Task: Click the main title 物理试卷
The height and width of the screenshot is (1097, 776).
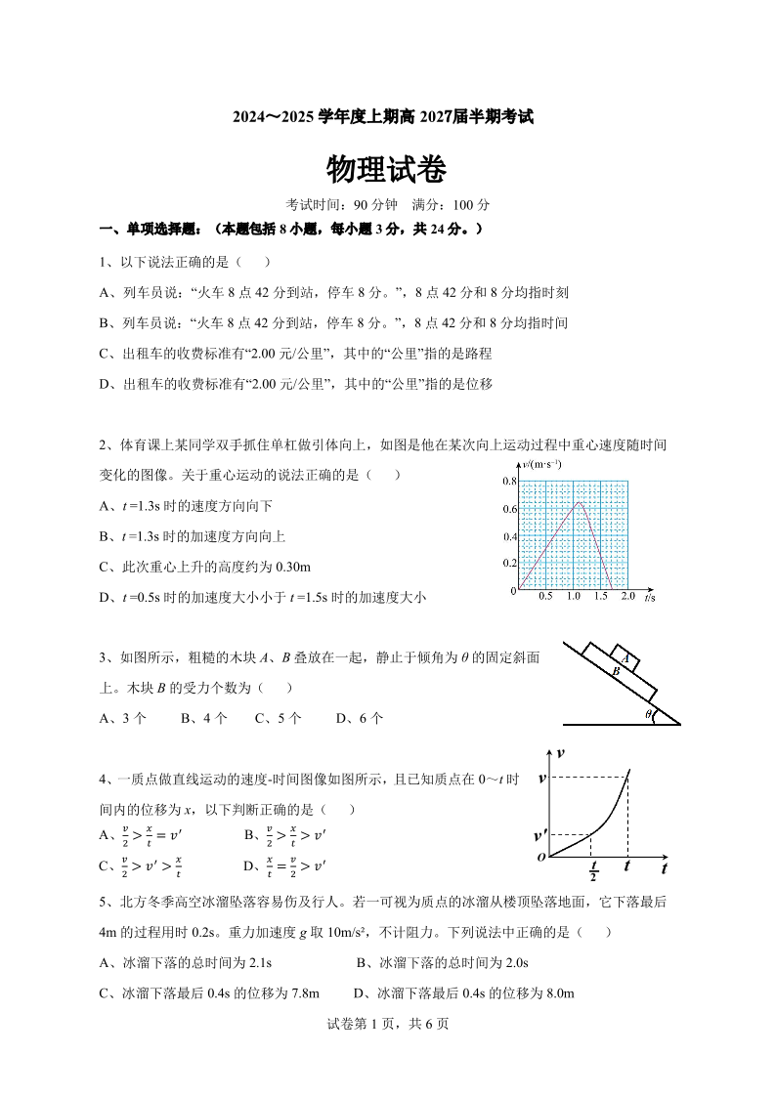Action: tap(387, 171)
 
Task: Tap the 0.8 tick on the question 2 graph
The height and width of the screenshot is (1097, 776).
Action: tap(509, 482)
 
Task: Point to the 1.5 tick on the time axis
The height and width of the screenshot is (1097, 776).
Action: tap(600, 596)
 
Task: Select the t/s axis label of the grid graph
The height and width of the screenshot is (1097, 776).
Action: tap(650, 596)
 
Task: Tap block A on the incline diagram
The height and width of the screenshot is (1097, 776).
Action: tap(625, 658)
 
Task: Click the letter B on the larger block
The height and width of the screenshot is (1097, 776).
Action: tap(616, 673)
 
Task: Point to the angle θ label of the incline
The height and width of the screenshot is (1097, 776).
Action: tap(648, 714)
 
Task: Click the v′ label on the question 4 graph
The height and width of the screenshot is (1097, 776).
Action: tap(540, 836)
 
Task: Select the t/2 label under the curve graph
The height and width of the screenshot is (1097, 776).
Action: tap(593, 871)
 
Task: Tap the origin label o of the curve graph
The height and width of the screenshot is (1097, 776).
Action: tap(541, 857)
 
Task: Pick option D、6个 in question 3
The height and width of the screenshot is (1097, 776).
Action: tap(359, 718)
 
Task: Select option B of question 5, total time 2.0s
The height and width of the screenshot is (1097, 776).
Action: tap(442, 963)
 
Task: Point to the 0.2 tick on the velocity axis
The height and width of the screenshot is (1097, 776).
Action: tap(509, 564)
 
